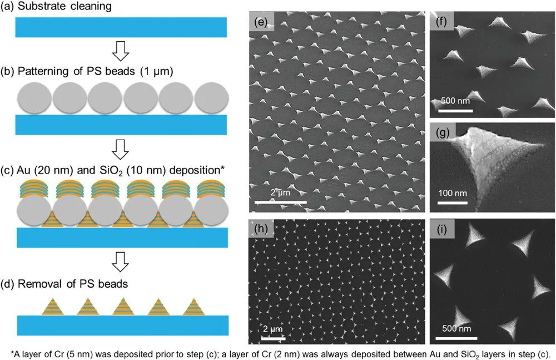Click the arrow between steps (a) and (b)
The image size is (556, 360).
(x=121, y=51)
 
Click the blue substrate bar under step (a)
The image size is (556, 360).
(x=121, y=27)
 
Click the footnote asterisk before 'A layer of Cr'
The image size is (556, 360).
(x=12, y=354)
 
